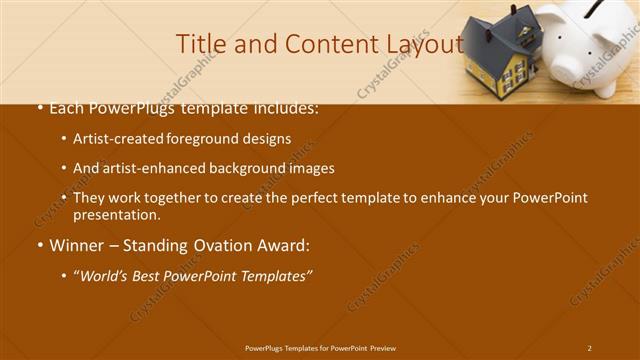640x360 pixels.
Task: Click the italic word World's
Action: pos(105,274)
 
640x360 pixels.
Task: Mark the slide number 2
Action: pos(589,347)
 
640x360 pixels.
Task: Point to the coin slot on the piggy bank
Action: pos(605,11)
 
